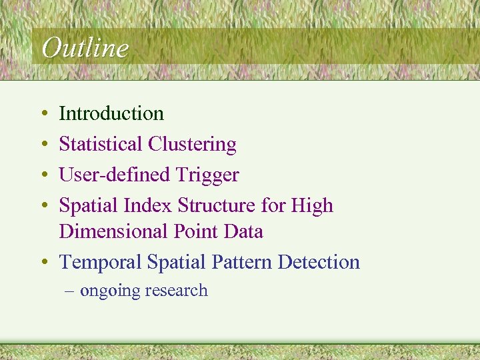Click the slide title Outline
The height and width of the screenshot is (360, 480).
click(84, 48)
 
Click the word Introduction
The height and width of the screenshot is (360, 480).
click(111, 114)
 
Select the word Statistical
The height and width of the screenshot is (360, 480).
click(101, 144)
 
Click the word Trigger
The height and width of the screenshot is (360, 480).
click(207, 175)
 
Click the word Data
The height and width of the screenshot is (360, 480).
click(242, 231)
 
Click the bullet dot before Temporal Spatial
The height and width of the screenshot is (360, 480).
click(43, 263)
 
